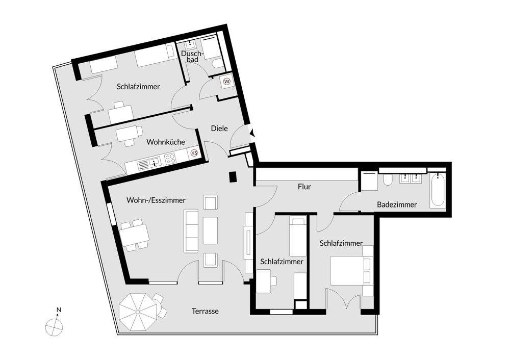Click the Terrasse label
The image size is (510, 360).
pyautogui.click(x=205, y=311)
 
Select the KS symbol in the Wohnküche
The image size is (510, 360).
pyautogui.click(x=194, y=152)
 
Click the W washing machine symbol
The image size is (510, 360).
pyautogui.click(x=226, y=81)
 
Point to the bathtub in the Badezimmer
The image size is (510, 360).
pyautogui.click(x=437, y=191)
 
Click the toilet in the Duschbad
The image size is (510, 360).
pyautogui.click(x=217, y=63)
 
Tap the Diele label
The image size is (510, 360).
pyautogui.click(x=219, y=128)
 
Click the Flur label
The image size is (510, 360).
pyautogui.click(x=304, y=187)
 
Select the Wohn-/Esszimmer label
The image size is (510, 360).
pyautogui.click(x=156, y=200)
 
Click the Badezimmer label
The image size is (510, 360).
pyautogui.click(x=397, y=204)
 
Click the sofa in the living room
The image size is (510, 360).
pyautogui.click(x=191, y=230)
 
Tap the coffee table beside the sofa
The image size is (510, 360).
pyautogui.click(x=210, y=230)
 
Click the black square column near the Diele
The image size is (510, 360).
pyautogui.click(x=233, y=177)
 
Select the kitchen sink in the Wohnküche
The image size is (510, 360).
pyautogui.click(x=144, y=163)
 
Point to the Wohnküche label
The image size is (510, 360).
pyautogui.click(x=166, y=142)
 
